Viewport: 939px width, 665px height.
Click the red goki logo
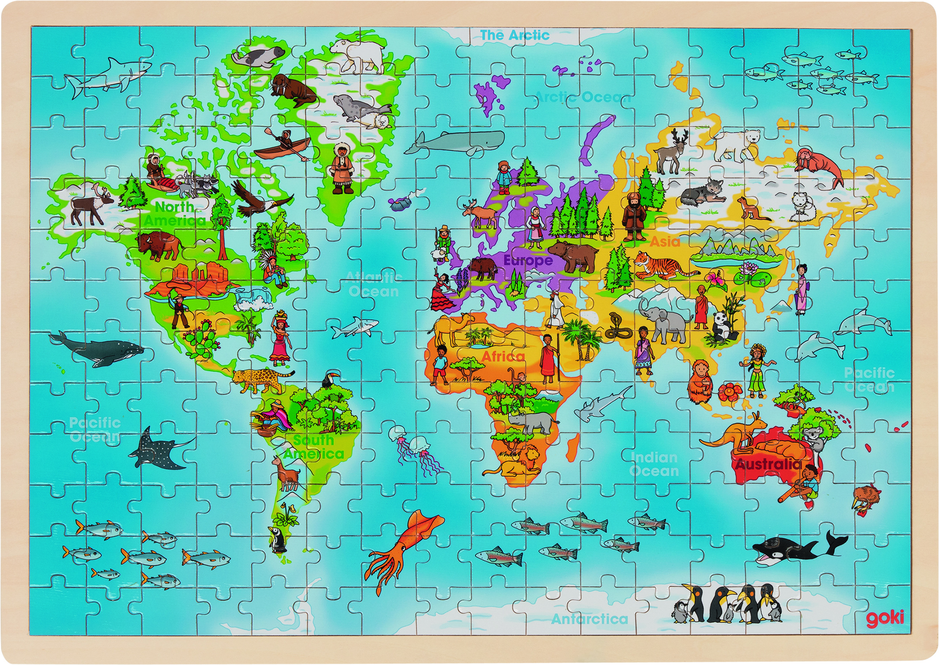pos(884,618)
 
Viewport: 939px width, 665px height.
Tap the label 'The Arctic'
pos(515,35)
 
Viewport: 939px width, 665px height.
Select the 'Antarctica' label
pos(589,619)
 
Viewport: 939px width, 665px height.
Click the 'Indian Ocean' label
pos(654,464)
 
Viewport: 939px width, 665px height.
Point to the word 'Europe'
pos(528,260)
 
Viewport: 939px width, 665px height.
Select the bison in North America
pos(157,245)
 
